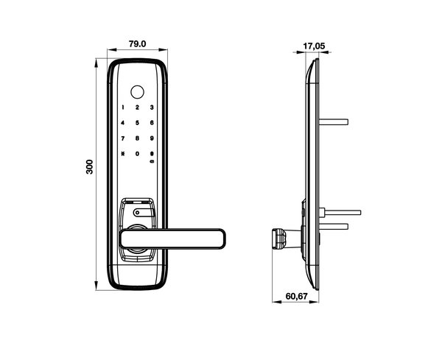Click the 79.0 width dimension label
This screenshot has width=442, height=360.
[137, 44]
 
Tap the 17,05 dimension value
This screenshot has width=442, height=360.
[315, 46]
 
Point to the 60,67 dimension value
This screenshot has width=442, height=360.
[296, 297]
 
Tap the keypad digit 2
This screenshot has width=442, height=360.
[137, 108]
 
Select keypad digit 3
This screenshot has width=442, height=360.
[151, 108]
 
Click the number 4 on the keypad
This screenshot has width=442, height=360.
[123, 124]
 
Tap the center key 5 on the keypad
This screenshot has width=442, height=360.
[137, 124]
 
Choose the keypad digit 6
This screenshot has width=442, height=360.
[151, 124]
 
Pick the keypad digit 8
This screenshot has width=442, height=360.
[137, 138]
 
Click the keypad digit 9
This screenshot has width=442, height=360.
[151, 138]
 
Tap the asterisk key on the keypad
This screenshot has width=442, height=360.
[123, 154]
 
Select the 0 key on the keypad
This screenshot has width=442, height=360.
[137, 154]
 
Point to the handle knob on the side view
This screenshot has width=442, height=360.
[279, 239]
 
